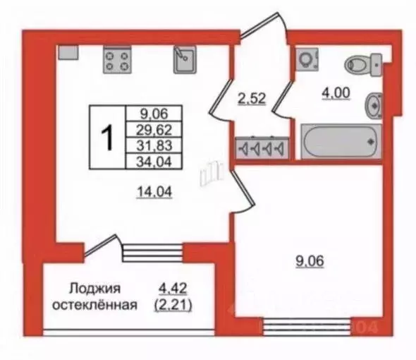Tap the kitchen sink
(185, 59)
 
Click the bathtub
(341, 140)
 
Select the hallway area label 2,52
(251, 99)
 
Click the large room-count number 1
(107, 137)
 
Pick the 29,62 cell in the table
(154, 128)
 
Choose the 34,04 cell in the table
(154, 162)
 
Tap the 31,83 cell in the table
(154, 145)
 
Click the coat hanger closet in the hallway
(260, 148)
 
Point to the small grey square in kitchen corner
(68, 52)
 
